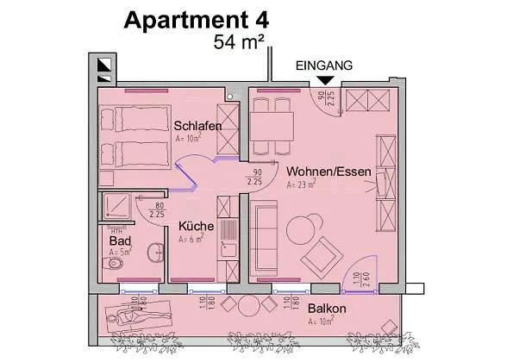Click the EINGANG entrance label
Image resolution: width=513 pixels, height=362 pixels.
tap(323, 65)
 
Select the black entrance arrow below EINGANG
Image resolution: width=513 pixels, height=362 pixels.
tap(324, 81)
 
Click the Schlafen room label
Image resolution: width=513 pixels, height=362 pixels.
tap(197, 126)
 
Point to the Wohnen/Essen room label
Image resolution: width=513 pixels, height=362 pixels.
tap(329, 172)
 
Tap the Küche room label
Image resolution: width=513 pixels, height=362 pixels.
tap(197, 226)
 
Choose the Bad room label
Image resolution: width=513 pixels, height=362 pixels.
tap(119, 240)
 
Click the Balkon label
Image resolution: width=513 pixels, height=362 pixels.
tap(327, 309)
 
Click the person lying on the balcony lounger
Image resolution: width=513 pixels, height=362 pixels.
tap(136, 316)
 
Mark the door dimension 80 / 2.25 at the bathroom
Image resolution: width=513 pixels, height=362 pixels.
tap(157, 209)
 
